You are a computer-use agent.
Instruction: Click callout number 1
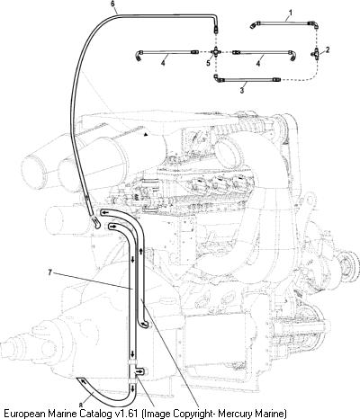291,13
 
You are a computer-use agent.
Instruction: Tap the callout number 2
328,49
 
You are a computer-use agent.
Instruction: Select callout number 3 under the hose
242,90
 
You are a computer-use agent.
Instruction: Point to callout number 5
209,63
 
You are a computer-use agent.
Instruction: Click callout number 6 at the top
112,4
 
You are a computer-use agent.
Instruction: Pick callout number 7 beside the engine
50,272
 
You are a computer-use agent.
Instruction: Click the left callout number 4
163,63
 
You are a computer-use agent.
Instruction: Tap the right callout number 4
258,64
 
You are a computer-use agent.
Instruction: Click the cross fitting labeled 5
216,52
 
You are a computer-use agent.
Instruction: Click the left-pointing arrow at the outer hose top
104,212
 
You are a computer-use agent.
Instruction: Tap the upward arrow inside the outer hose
140,251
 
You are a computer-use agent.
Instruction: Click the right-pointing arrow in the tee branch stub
139,372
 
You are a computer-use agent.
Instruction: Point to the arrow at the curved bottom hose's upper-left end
82,381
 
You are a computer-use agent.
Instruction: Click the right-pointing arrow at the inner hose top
112,227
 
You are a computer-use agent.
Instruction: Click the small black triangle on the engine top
146,135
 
